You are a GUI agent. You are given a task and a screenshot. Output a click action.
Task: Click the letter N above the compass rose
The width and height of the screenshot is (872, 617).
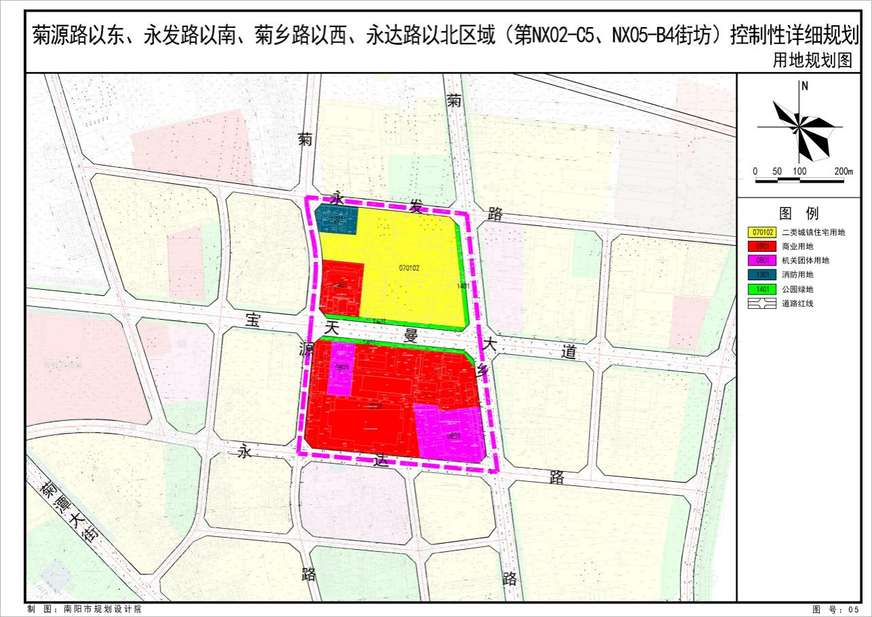coord(804,86)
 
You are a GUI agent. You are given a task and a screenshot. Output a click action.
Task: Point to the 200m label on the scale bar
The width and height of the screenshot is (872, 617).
coord(843,171)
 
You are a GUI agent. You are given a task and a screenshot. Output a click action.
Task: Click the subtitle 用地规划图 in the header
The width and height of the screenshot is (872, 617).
coord(812,60)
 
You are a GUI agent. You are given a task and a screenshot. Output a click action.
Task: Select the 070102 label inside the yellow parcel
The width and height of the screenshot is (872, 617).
coord(409,268)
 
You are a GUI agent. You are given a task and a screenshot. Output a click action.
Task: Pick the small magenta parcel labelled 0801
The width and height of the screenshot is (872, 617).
coord(341,369)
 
